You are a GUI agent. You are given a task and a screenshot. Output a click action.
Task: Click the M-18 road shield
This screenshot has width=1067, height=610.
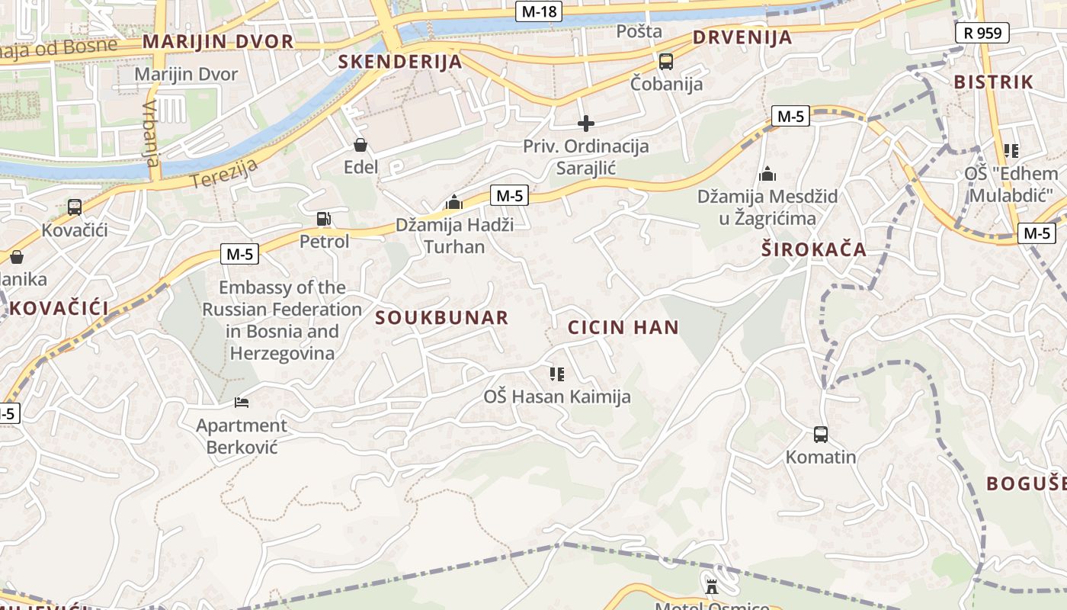(x=539, y=11)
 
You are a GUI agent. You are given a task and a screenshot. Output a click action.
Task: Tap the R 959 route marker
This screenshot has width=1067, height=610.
(x=982, y=33)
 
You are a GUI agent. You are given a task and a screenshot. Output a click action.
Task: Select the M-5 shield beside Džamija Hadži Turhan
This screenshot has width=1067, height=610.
(x=509, y=195)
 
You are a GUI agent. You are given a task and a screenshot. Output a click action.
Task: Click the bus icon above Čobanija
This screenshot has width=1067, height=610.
(x=666, y=62)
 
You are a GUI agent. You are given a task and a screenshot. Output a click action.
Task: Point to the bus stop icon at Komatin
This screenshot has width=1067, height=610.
(x=821, y=435)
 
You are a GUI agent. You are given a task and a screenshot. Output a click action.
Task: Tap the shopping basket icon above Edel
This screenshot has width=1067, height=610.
(x=360, y=144)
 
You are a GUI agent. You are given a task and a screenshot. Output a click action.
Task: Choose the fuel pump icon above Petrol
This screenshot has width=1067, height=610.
(x=324, y=219)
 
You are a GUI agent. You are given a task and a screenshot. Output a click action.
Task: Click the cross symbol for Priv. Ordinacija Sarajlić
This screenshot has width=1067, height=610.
(x=586, y=123)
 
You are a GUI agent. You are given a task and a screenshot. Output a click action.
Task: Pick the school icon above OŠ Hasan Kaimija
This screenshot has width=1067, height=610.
(x=557, y=374)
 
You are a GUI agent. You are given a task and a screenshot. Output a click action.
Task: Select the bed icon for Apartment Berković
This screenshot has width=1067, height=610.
(x=242, y=403)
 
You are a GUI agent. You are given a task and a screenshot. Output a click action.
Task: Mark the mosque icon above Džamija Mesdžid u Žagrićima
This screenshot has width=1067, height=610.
(x=767, y=174)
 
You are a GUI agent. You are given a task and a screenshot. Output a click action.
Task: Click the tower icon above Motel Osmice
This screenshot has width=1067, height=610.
(x=712, y=586)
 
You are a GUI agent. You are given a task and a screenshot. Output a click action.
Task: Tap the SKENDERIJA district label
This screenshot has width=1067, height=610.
(x=400, y=62)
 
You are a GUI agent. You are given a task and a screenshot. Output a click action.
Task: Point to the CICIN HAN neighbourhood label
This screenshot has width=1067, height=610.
(x=623, y=328)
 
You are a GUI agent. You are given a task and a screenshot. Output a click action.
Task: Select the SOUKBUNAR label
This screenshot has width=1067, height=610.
(x=442, y=318)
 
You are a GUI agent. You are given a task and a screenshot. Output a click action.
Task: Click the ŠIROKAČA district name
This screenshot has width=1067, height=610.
(x=814, y=249)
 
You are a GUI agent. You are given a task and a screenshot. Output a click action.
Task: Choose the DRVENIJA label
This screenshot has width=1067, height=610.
(x=742, y=37)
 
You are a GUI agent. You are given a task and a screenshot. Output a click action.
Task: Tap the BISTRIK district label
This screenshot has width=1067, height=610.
(x=994, y=82)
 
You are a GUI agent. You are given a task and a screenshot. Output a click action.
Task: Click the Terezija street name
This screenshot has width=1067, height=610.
(x=225, y=173)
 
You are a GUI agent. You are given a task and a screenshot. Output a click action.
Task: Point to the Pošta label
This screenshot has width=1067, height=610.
(x=639, y=31)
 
